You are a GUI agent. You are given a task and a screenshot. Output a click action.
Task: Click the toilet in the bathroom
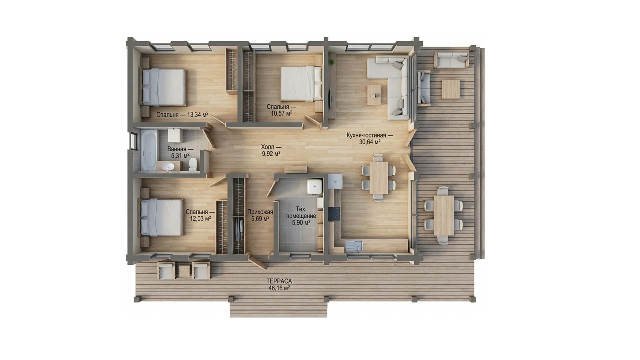193,165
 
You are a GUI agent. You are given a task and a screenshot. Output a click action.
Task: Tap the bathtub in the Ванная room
149,150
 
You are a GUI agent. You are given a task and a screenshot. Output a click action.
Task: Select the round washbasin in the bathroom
168,167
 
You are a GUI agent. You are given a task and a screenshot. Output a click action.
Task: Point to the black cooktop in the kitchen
334,214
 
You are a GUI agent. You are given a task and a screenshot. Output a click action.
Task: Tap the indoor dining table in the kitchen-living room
379,178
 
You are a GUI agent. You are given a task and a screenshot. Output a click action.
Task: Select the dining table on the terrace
444,215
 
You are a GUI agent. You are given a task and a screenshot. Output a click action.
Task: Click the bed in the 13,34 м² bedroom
163,87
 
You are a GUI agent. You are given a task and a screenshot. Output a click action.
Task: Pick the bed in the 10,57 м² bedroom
301,83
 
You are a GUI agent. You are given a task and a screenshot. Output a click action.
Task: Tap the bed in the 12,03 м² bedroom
161,217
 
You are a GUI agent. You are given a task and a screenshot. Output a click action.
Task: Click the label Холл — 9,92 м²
271,150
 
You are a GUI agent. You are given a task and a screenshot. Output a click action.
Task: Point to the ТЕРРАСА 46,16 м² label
279,285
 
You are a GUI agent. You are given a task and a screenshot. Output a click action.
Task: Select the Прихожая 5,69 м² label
260,215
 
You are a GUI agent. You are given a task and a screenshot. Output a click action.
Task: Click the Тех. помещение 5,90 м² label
301,216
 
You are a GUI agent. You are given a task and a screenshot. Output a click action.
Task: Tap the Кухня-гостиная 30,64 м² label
369,139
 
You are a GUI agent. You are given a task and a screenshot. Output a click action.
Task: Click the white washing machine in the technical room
315,187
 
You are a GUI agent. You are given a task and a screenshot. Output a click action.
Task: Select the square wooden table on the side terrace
451,89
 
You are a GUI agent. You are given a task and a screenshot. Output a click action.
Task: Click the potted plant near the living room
331,61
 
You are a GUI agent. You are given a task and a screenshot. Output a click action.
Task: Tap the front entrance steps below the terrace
279,309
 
